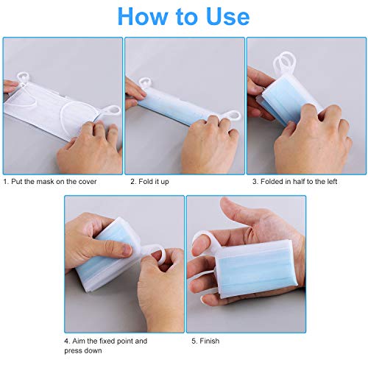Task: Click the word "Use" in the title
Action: tap(228, 16)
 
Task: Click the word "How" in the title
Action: tap(143, 16)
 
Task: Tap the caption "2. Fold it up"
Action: tap(149, 182)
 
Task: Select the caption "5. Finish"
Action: tap(205, 341)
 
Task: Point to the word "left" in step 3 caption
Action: tap(332, 182)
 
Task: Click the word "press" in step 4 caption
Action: tap(74, 351)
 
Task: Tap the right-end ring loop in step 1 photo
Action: tap(113, 111)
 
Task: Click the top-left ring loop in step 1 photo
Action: tap(24, 77)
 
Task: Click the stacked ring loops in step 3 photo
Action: tap(282, 62)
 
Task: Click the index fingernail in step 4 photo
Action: tap(127, 250)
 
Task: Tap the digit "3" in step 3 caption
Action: tap(255, 182)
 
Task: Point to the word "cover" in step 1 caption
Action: tap(88, 182)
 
